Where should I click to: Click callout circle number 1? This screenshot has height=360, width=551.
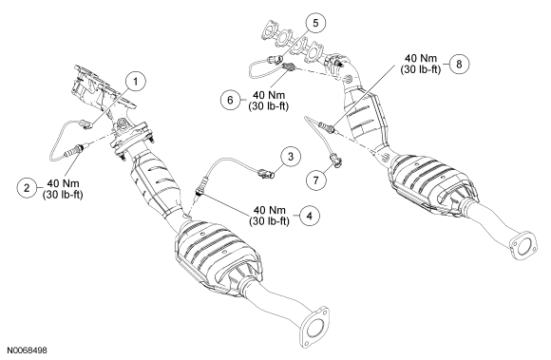(136, 82)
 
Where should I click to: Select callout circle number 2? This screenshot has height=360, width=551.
(27, 188)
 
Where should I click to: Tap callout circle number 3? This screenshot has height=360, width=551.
(291, 157)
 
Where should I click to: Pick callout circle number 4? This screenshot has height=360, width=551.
(310, 216)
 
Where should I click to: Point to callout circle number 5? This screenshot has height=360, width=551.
(315, 23)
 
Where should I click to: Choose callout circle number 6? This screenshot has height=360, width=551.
(230, 100)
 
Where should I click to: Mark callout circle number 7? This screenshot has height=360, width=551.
(315, 180)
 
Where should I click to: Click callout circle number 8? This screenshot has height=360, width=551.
(459, 64)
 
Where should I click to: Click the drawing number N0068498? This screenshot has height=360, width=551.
(27, 351)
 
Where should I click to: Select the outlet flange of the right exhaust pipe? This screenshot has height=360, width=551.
(523, 245)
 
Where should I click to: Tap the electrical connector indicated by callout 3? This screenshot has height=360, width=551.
(266, 173)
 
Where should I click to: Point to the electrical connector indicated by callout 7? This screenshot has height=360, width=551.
(335, 161)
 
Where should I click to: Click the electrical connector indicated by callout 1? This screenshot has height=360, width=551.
(86, 124)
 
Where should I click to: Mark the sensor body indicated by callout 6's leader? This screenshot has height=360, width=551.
(289, 66)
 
